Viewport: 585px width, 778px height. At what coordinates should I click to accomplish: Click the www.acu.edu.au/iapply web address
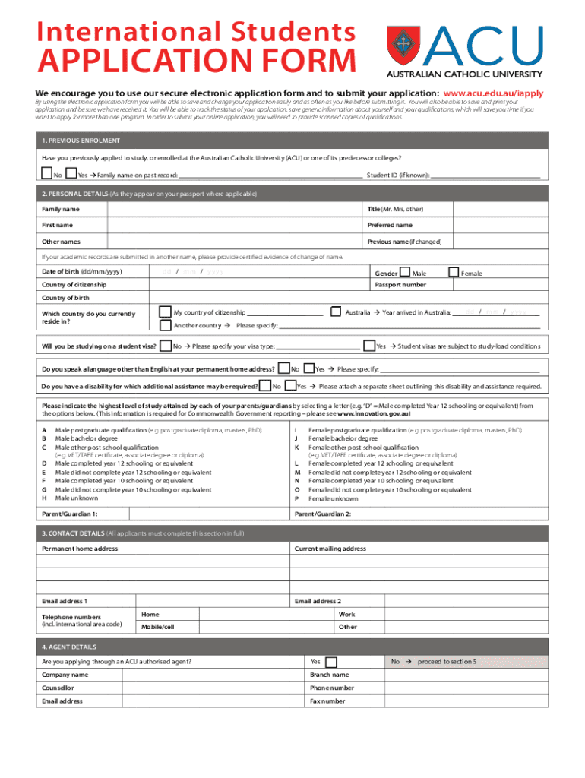point(493,93)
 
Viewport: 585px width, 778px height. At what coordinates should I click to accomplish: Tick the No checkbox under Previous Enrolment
point(47,174)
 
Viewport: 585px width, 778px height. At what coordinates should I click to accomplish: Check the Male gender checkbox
point(404,272)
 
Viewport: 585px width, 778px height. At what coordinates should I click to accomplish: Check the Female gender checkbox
point(454,272)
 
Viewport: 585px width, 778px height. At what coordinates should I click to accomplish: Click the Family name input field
point(232,209)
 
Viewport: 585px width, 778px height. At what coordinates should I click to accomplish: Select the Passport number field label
point(400,285)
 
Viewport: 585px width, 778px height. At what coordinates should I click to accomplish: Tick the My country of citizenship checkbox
point(165,312)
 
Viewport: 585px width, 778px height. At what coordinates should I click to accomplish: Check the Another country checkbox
point(165,325)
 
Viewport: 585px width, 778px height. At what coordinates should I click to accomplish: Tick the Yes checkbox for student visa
point(369,346)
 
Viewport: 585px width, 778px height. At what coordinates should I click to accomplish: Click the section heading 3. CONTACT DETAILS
point(73,533)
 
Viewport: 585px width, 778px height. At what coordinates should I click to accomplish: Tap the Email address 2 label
point(318,602)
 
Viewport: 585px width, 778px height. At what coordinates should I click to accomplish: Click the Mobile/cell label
point(158,627)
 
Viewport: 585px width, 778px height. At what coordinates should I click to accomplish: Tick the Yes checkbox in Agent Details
point(331,662)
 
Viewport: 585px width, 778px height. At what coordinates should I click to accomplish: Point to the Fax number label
point(327,701)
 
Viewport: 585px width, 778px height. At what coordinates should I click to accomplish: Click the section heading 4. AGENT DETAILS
point(69,647)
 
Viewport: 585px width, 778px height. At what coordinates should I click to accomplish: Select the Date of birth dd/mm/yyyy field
point(193,272)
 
